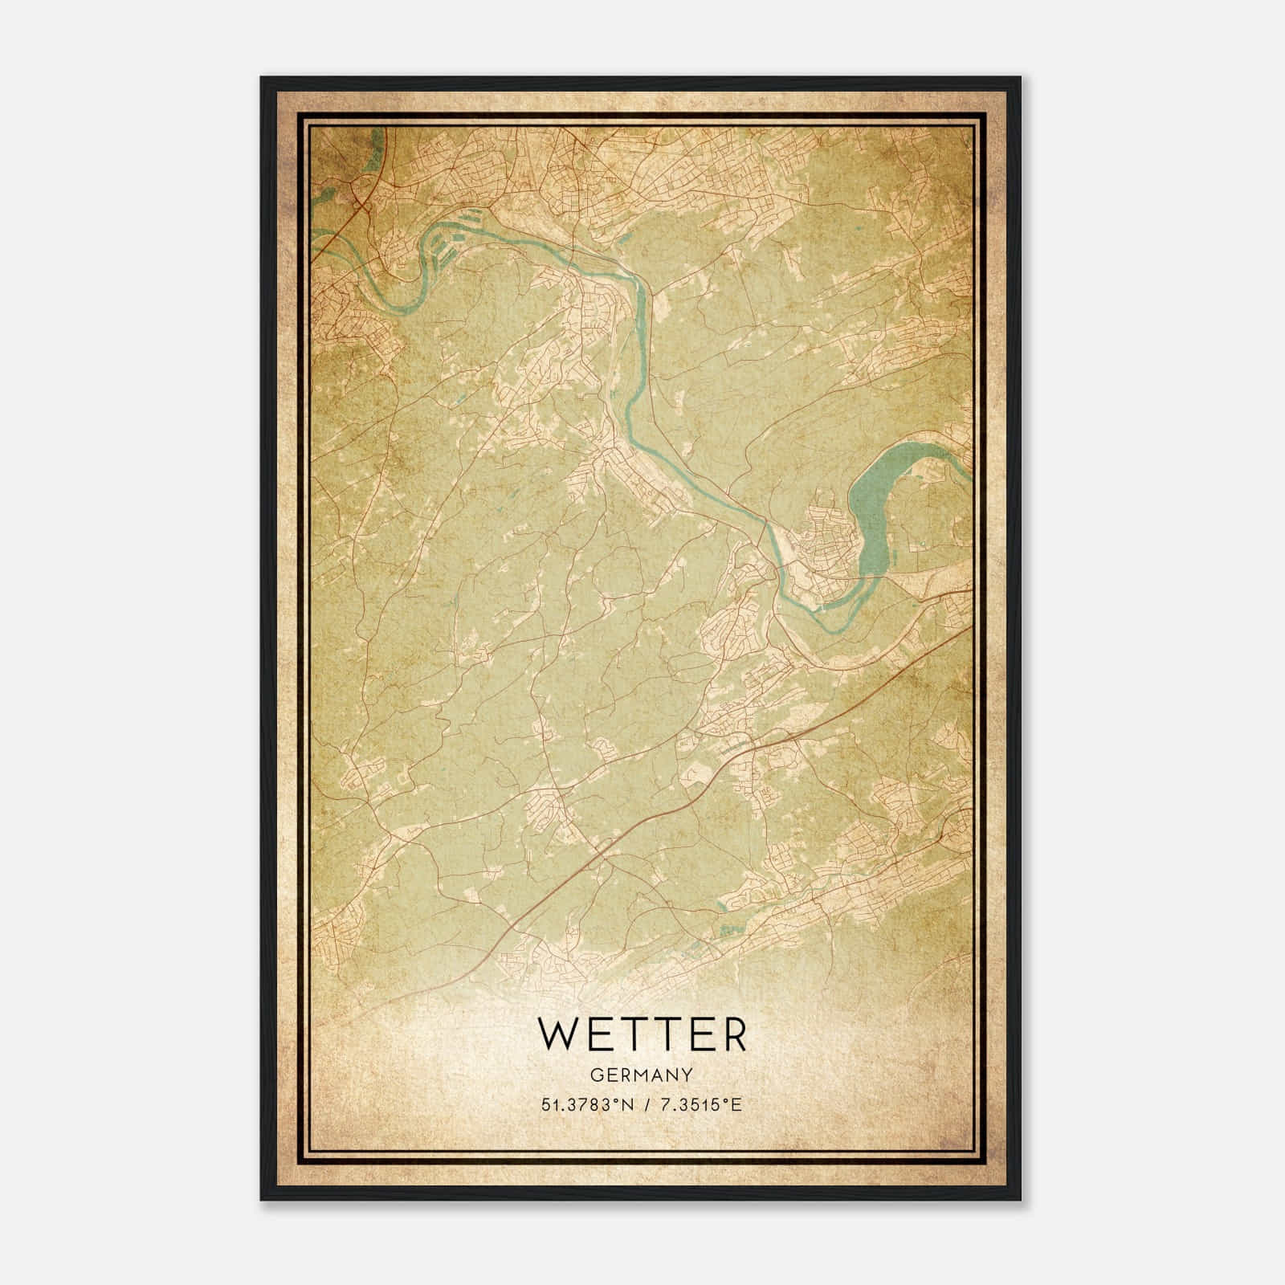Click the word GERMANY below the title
[642, 1074]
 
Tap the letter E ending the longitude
[737, 1105]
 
